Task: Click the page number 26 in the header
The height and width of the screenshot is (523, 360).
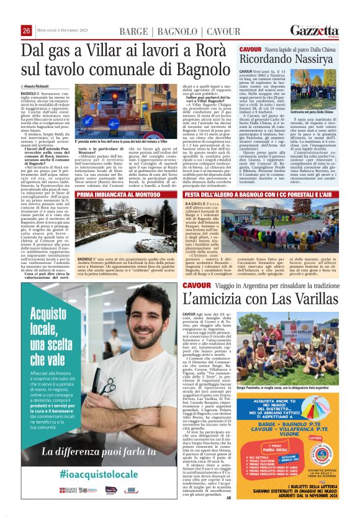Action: [26, 31]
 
